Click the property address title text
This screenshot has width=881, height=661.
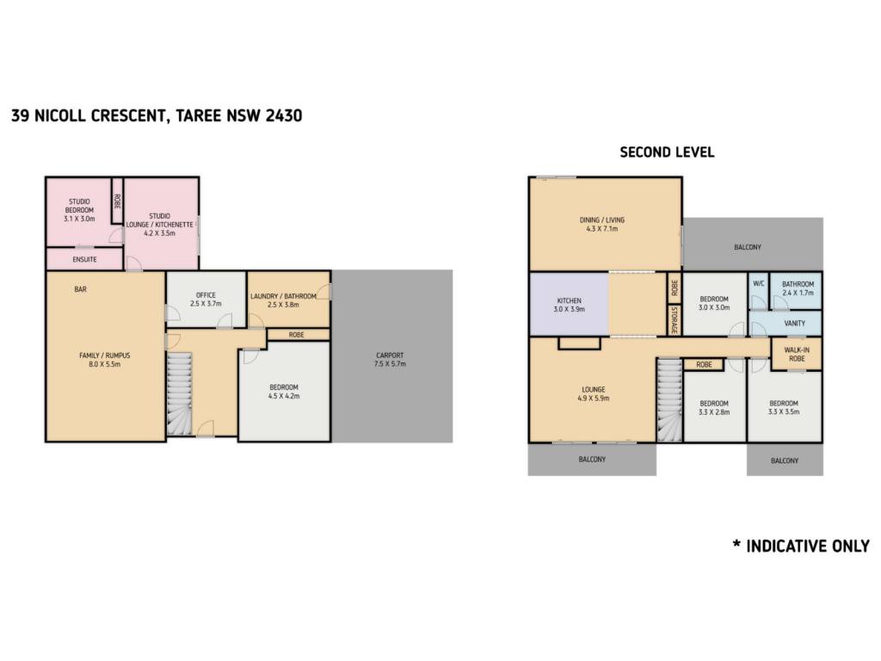click(x=157, y=116)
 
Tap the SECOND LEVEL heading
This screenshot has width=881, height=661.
click(x=667, y=152)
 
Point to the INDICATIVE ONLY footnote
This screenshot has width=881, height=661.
click(x=801, y=546)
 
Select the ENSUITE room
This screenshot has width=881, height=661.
click(x=84, y=259)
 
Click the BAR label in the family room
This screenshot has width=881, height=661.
click(x=80, y=289)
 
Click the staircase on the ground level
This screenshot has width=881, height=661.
click(x=180, y=393)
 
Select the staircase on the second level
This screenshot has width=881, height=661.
click(x=669, y=400)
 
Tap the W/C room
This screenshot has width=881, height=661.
click(x=759, y=291)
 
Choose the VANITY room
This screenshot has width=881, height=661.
click(x=786, y=324)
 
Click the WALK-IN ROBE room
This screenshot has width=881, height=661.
click(x=797, y=354)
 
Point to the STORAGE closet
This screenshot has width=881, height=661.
click(x=675, y=320)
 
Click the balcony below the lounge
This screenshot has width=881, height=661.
click(x=592, y=460)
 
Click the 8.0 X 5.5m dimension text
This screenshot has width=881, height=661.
click(x=105, y=364)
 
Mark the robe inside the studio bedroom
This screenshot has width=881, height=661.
click(x=117, y=201)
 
